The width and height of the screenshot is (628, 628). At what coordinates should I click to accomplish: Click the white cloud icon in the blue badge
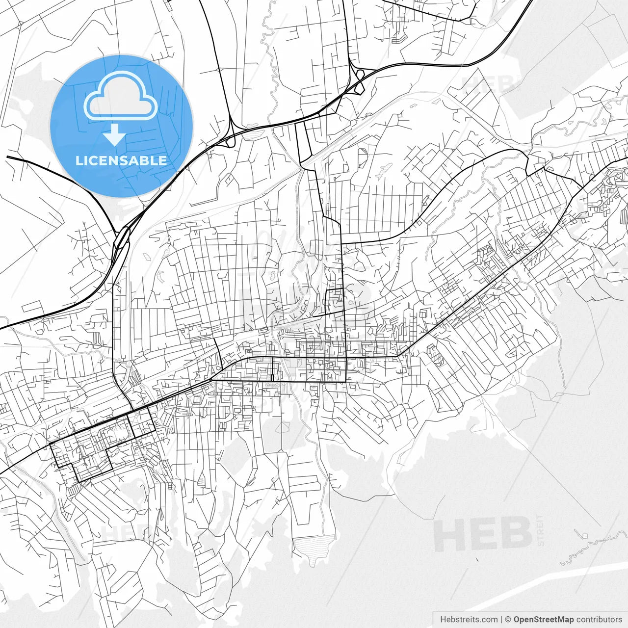tap(121, 98)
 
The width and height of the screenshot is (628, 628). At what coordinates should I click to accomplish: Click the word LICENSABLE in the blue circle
tap(121, 160)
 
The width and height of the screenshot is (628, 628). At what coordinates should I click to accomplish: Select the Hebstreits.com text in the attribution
tap(469, 620)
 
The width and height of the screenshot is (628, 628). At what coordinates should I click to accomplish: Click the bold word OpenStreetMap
tap(544, 620)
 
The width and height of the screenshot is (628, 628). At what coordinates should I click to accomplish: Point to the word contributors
tap(599, 620)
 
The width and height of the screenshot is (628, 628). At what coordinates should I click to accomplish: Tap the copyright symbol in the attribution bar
tap(508, 620)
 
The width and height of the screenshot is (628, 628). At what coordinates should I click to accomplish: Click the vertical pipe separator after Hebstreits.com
tap(501, 620)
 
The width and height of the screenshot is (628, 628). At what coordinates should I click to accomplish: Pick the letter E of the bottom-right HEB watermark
tap(483, 535)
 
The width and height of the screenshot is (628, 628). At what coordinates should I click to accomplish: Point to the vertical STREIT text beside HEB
tap(541, 530)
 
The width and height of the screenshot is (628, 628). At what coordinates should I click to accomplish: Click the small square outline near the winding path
tap(584, 535)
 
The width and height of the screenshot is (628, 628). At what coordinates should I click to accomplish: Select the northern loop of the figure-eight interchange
tap(360, 75)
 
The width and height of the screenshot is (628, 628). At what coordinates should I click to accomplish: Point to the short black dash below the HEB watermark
tap(477, 559)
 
